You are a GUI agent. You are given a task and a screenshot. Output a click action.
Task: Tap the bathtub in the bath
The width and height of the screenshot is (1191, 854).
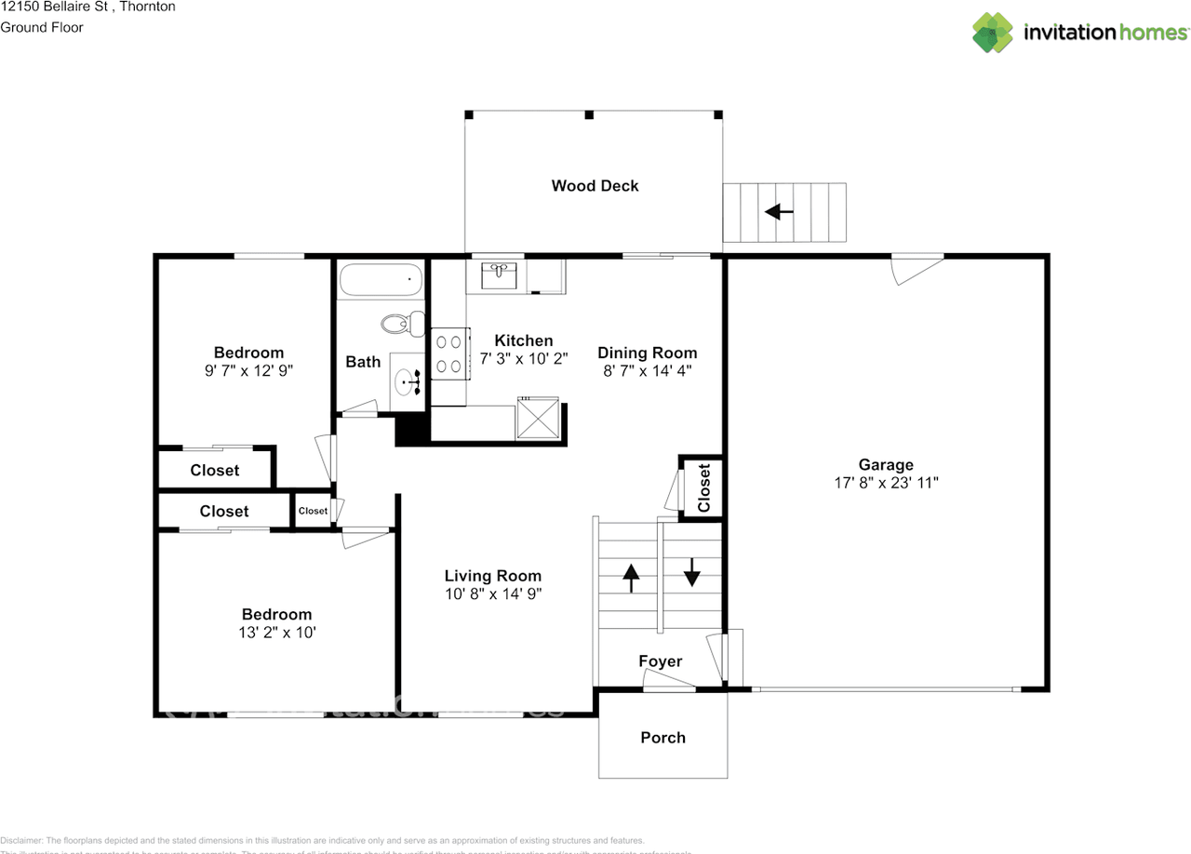tap(381, 278)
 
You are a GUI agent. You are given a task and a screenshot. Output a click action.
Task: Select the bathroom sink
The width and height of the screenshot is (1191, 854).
tap(407, 379)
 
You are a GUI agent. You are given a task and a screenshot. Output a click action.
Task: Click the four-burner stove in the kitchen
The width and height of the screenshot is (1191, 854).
tap(448, 354)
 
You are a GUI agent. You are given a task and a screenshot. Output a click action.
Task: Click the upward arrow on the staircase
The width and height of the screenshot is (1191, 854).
tap(631, 578)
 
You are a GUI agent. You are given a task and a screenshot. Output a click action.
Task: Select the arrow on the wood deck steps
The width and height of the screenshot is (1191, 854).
tap(779, 212)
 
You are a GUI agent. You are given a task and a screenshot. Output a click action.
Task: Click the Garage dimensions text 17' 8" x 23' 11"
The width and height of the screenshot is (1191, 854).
tap(886, 483)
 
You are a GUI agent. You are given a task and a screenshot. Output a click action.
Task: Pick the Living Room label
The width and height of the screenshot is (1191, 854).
tap(492, 576)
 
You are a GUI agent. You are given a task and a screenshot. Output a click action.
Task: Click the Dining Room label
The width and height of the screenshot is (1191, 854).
tap(647, 353)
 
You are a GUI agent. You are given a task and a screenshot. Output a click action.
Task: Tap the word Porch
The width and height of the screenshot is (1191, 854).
tap(662, 738)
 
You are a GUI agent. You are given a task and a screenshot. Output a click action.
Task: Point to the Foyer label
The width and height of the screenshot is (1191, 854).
tap(660, 661)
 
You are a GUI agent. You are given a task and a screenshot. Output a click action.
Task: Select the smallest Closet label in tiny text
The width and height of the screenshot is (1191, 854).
tap(313, 511)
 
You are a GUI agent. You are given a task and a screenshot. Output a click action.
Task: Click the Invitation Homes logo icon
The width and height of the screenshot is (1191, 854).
tap(993, 32)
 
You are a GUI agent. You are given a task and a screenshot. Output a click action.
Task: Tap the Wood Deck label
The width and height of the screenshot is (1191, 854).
tap(595, 186)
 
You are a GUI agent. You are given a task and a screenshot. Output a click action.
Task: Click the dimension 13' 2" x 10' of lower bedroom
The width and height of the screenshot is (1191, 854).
tap(277, 633)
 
